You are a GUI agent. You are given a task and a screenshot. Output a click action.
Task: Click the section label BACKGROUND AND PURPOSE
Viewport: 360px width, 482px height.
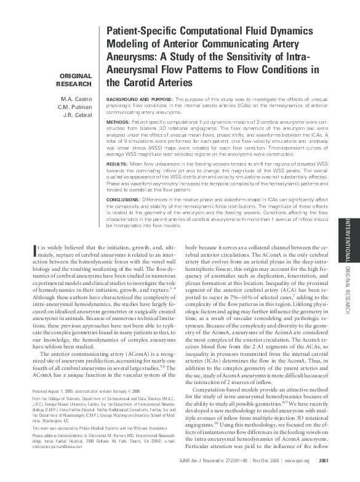pos(140,98)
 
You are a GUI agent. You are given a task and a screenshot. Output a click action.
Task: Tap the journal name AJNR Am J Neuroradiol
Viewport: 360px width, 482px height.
pos(217,476)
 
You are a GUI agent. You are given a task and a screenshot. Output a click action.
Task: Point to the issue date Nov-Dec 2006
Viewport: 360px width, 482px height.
pos(281,476)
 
